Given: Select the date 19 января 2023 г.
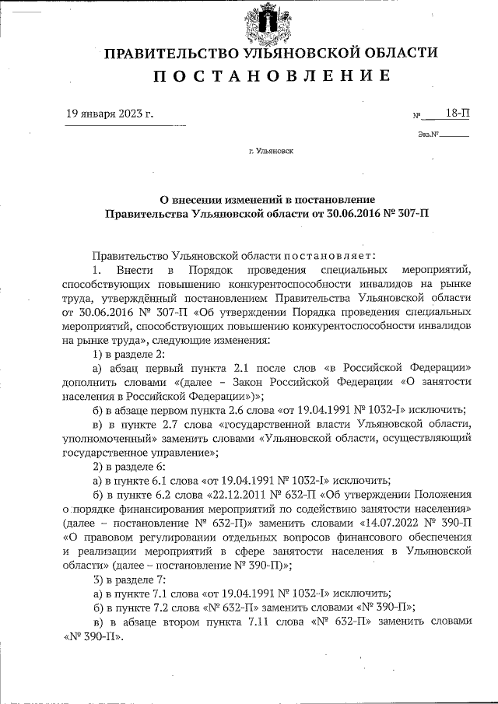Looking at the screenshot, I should coord(110,114).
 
